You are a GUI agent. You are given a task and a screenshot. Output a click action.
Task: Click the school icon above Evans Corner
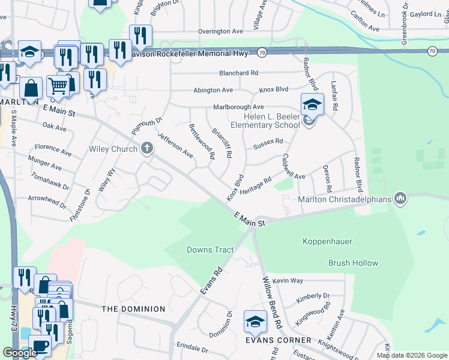[x=255, y=323]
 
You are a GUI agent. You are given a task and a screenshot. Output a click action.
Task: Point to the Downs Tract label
[x=210, y=250]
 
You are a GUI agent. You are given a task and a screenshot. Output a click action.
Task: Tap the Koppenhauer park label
[x=327, y=241]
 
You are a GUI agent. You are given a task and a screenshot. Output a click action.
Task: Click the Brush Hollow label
[x=353, y=263]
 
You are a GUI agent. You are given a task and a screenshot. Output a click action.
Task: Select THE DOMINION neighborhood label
[x=133, y=309]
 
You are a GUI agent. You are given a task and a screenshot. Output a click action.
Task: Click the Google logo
[x=20, y=353]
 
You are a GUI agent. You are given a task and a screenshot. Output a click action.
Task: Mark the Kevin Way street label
[x=288, y=281]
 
